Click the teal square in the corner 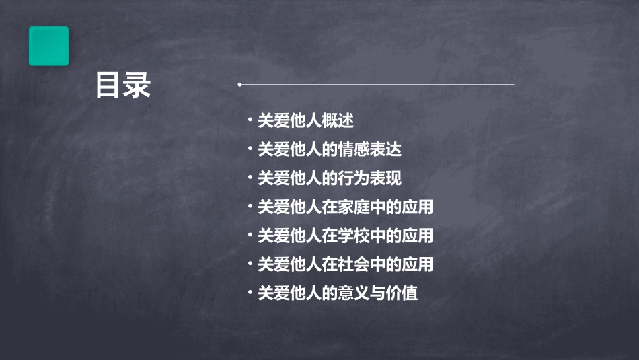[48, 46]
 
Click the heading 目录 [123, 85]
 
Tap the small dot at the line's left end [240, 85]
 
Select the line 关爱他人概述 [305, 121]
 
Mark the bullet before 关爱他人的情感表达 [250, 149]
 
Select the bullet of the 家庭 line [250, 207]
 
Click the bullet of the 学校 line [250, 236]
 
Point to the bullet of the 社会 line [250, 264]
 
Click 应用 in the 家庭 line [417, 207]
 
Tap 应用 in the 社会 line [417, 264]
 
